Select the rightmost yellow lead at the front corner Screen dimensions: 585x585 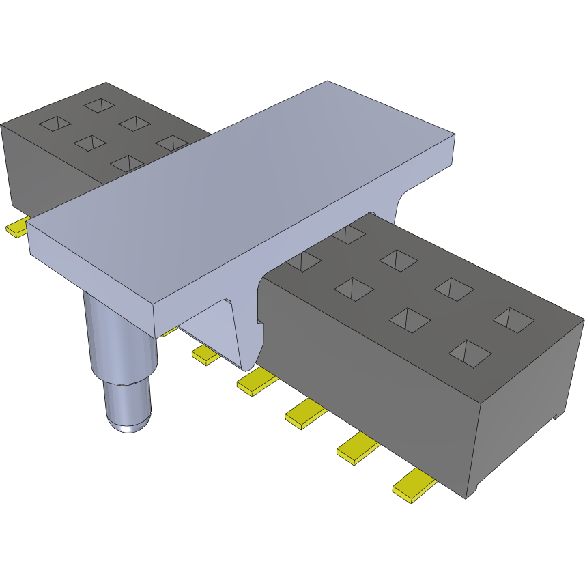pos(414,486)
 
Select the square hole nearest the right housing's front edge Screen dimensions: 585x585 pos(470,352)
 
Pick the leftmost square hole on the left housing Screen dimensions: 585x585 pos(55,124)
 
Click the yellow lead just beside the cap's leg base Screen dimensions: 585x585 pos(204,354)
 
